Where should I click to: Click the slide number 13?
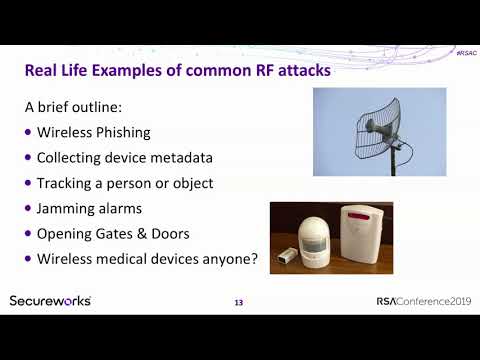[238, 302]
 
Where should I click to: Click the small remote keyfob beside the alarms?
[287, 258]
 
